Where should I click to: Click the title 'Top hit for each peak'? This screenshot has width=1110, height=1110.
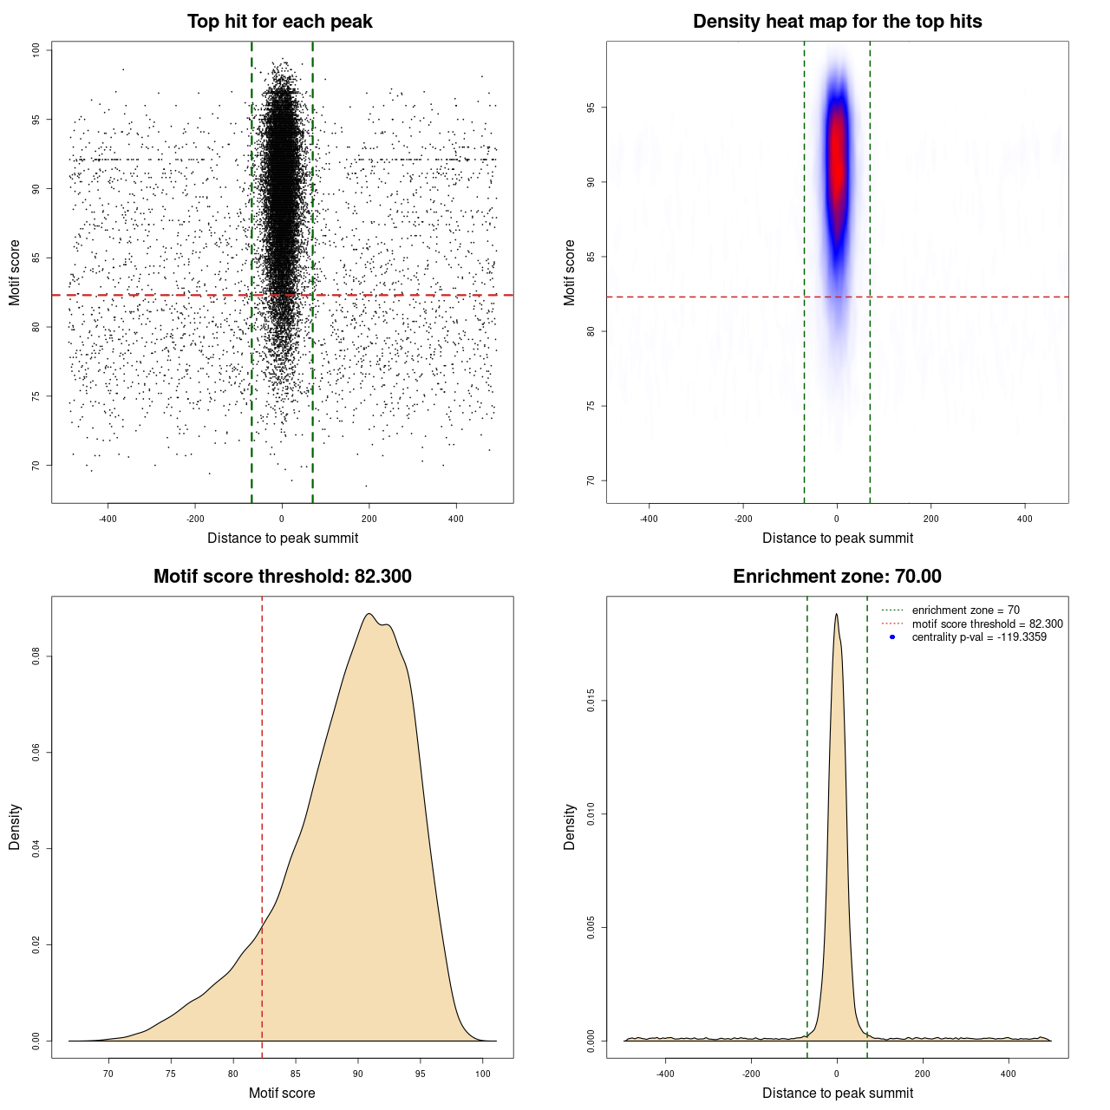click(279, 22)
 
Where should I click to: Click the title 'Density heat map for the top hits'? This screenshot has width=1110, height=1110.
click(837, 22)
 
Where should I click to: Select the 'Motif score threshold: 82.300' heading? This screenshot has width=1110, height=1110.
click(282, 577)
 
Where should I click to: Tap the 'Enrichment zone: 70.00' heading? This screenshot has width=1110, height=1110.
click(837, 577)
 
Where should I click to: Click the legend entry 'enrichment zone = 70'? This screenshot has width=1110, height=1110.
click(965, 610)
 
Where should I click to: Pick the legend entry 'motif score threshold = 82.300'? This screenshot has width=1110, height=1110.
click(987, 624)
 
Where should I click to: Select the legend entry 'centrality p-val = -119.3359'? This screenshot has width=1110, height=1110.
click(979, 637)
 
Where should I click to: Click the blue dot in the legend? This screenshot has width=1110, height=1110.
click(892, 637)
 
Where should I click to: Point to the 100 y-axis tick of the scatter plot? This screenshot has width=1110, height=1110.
click(36, 50)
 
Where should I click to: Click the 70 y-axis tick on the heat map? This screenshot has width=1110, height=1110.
click(591, 480)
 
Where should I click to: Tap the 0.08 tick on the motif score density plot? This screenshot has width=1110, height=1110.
click(36, 657)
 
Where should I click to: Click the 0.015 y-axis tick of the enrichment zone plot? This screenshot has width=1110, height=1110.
click(591, 701)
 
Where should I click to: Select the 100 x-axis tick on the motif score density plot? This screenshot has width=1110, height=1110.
click(483, 1074)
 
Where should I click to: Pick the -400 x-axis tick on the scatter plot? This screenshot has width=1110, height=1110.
click(108, 519)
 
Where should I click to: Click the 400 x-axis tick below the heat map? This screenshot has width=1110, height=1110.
click(1025, 519)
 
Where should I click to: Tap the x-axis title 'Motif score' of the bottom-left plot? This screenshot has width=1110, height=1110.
click(282, 1093)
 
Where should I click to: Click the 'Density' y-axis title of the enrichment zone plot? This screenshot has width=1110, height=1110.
click(570, 826)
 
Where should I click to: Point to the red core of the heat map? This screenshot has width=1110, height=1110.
click(837, 156)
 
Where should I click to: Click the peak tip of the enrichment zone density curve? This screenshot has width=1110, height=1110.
click(836, 614)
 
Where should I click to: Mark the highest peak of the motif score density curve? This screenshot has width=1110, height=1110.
click(369, 614)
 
